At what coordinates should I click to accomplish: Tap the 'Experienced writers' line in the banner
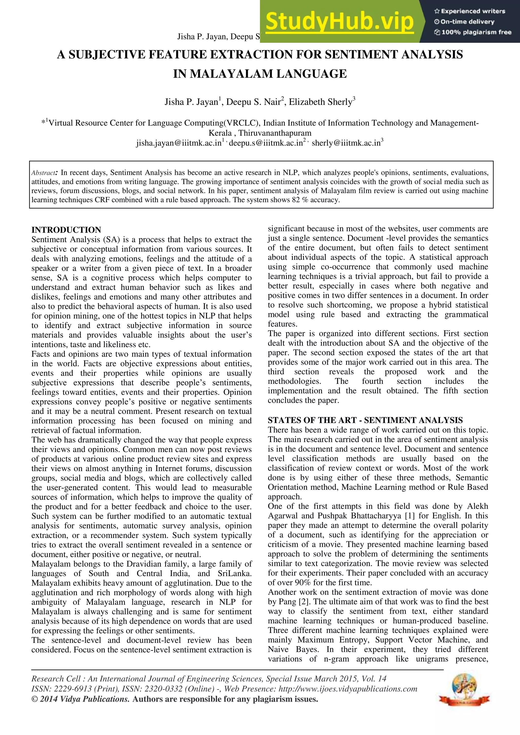[x=470, y=11]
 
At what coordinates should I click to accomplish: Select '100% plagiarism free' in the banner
[x=473, y=32]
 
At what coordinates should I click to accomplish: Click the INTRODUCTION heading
[x=66, y=230]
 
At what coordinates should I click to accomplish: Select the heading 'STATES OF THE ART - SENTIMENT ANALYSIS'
[x=365, y=420]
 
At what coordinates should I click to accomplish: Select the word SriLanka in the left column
[x=234, y=573]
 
